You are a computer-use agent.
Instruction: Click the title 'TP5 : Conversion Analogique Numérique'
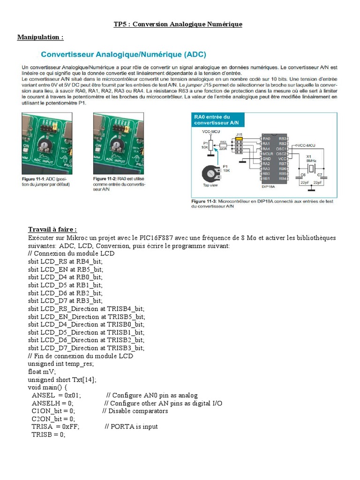pos(178,24)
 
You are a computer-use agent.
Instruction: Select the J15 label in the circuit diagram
pos(239,134)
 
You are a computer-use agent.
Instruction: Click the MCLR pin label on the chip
pos(268,153)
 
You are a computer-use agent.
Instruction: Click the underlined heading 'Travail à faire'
pos(52,230)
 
